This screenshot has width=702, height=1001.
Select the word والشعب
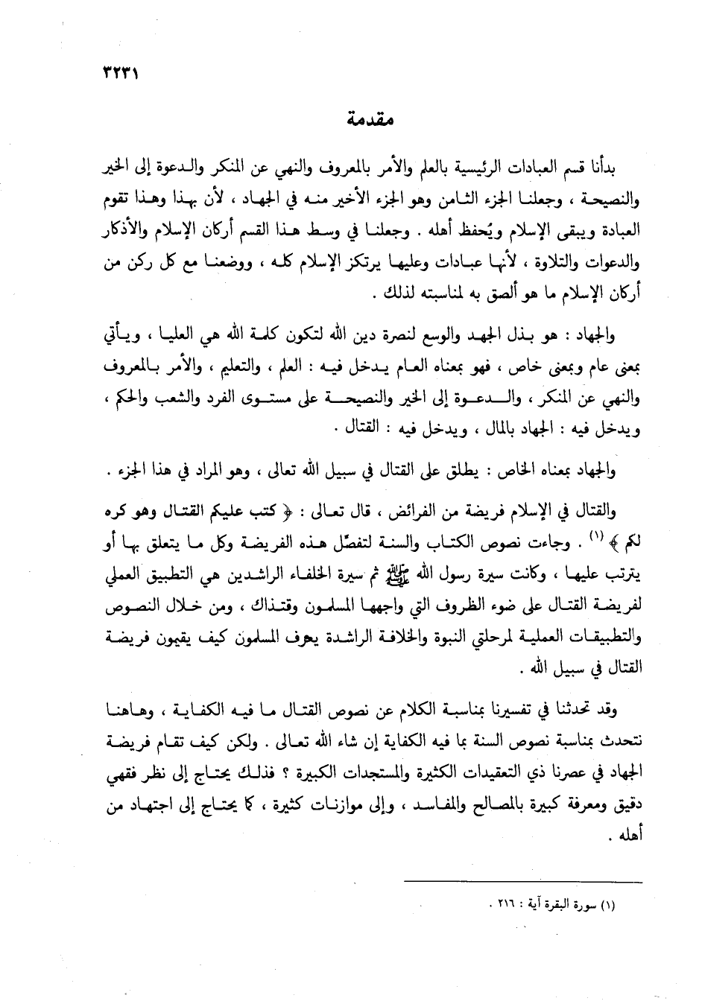click(167, 399)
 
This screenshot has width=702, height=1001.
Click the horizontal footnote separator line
click(513, 881)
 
